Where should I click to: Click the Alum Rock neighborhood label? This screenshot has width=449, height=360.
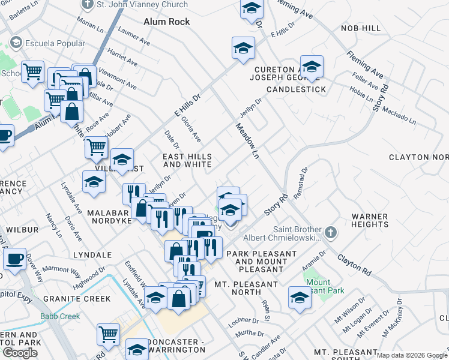click(167, 22)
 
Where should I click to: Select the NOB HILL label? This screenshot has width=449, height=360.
click(360, 28)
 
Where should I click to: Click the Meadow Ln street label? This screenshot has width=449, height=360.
click(247, 138)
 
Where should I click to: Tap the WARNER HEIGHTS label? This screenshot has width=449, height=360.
click(370, 220)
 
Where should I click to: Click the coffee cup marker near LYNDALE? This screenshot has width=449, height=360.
click(14, 259)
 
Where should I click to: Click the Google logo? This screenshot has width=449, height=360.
click(19, 353)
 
